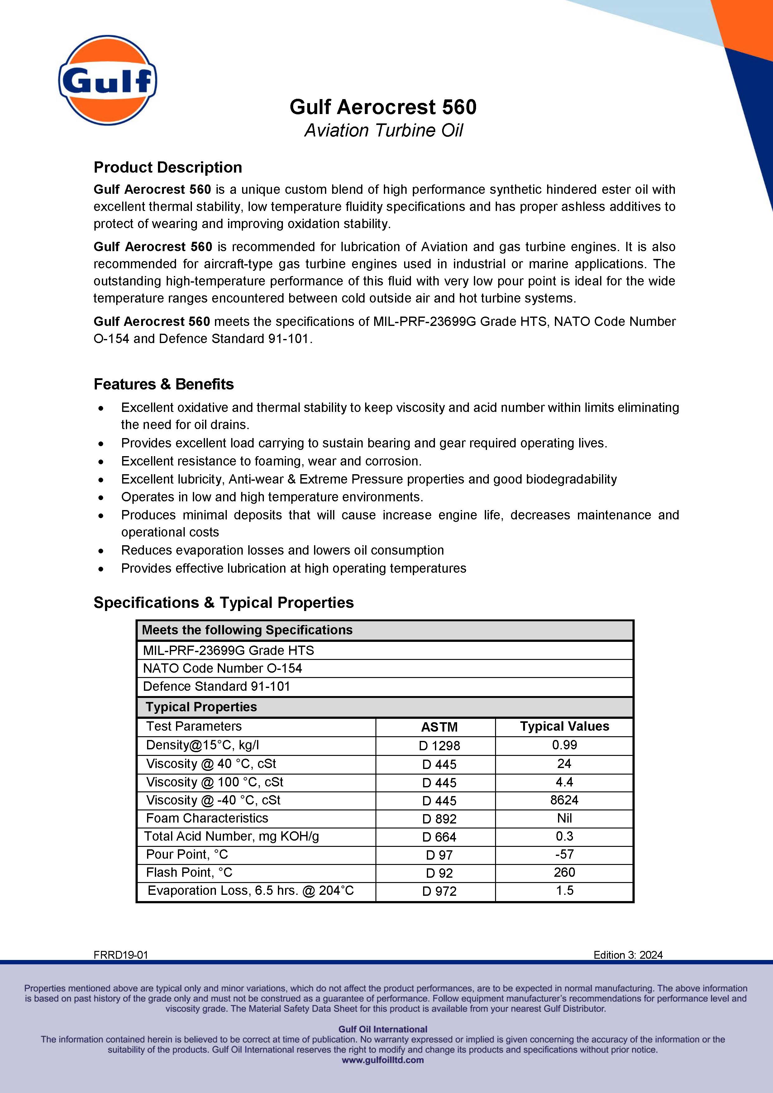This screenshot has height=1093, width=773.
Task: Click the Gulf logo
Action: (107, 80)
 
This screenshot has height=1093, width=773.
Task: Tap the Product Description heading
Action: (168, 168)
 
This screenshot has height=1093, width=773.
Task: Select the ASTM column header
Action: (439, 727)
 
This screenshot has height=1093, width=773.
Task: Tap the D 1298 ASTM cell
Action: (439, 746)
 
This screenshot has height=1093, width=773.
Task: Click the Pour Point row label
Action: (187, 855)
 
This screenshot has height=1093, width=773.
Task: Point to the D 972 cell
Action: (439, 891)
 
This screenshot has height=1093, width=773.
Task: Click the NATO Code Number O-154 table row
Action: (222, 668)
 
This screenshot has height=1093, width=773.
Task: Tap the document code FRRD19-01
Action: (121, 955)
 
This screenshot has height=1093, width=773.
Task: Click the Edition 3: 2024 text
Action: (628, 955)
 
